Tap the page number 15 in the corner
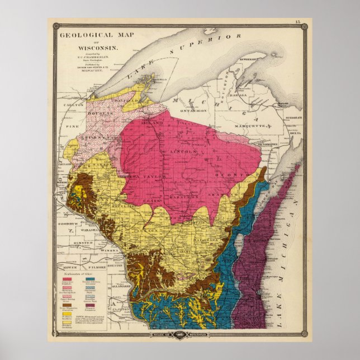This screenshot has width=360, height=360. pos(297,22)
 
